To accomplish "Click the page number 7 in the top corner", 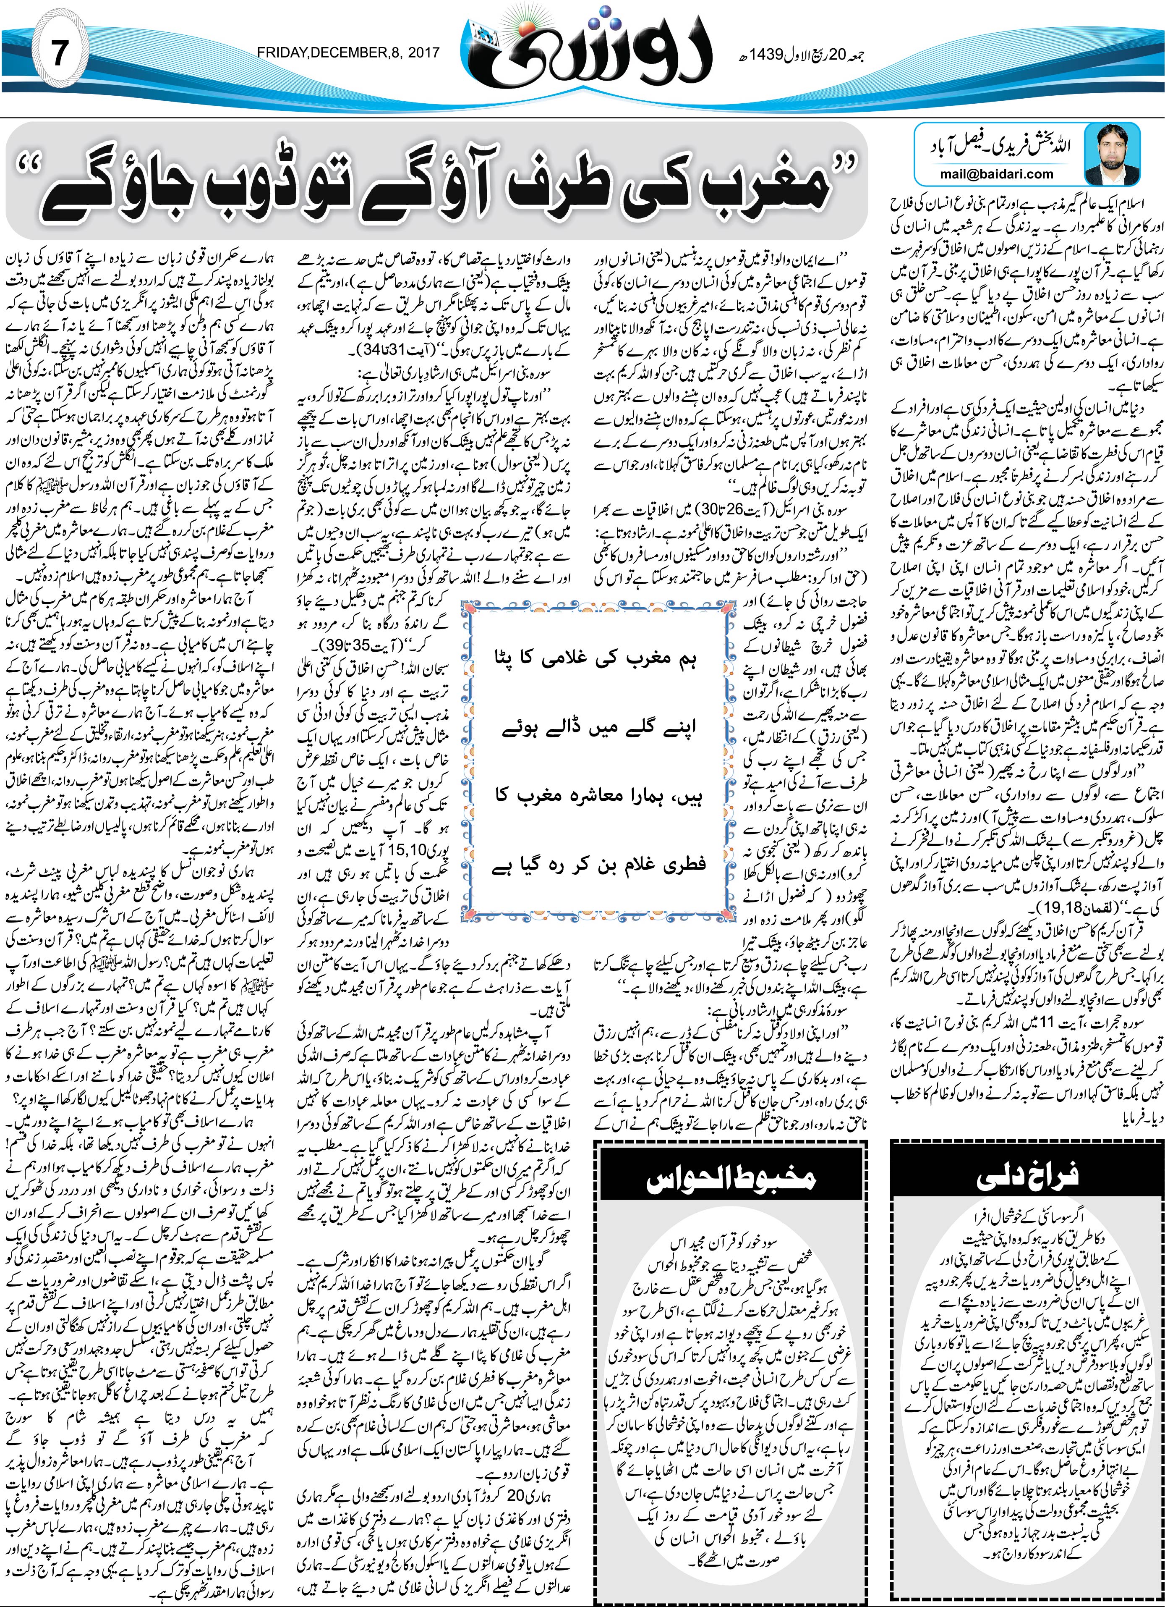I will pyautogui.click(x=60, y=53).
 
